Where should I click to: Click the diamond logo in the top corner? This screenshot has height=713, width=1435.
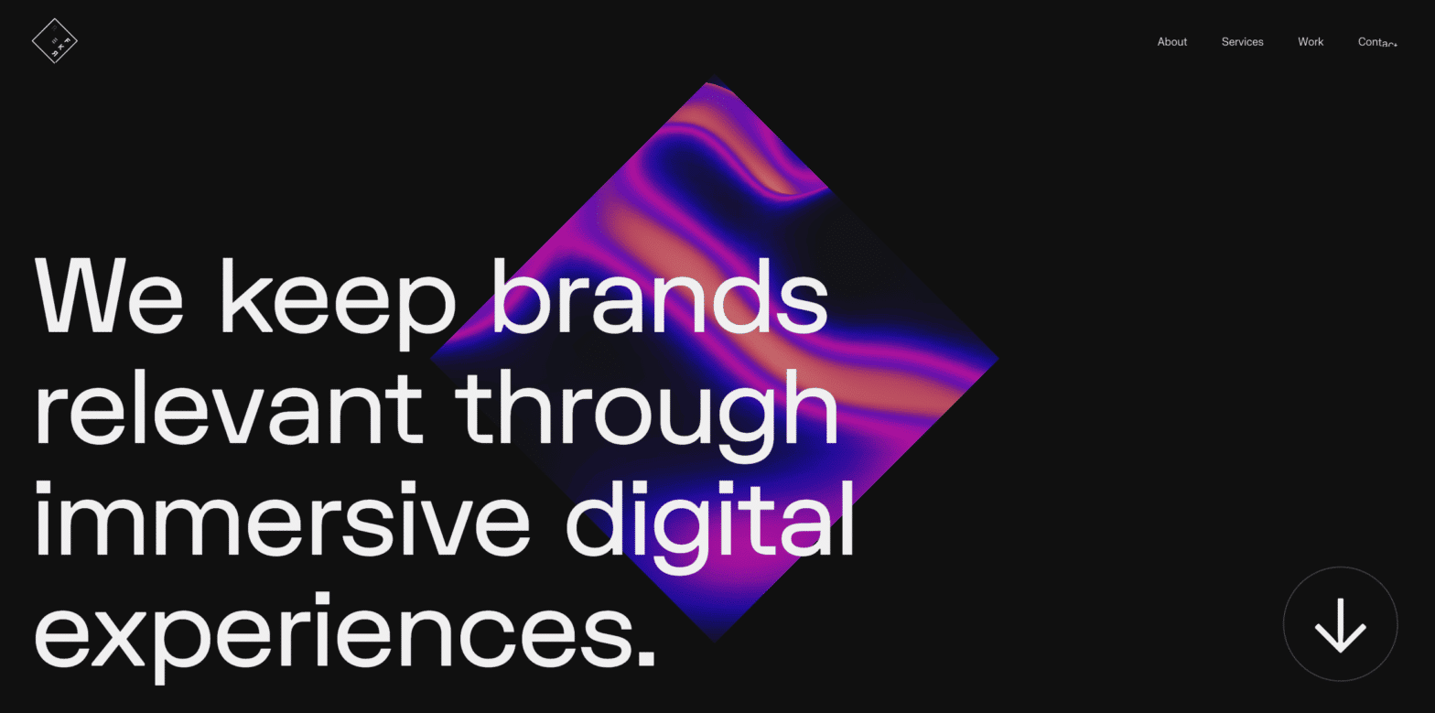point(54,41)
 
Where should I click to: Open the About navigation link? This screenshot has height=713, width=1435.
point(1171,42)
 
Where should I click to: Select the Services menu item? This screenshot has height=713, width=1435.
point(1242,42)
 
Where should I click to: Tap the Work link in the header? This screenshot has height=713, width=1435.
point(1310,42)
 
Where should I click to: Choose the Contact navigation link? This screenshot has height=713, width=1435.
point(1376,42)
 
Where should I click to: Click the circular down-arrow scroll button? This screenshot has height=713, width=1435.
point(1340,624)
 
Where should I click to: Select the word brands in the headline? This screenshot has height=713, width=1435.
point(659,296)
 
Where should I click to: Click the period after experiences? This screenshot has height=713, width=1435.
point(645,656)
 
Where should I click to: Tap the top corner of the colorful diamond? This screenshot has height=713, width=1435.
point(709,85)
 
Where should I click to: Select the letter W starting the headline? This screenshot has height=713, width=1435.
point(77,296)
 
